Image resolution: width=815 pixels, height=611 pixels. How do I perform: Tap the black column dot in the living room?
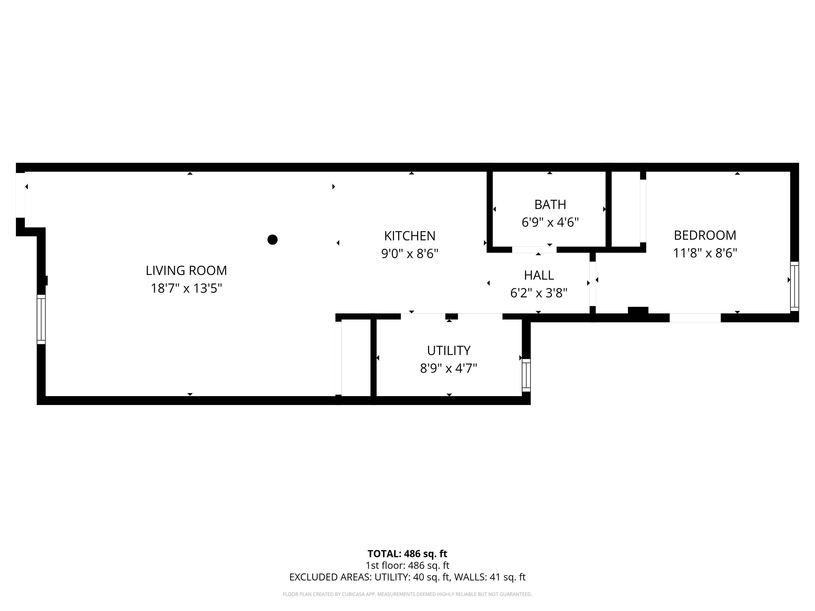272,240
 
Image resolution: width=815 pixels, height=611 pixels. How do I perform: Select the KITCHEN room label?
410,236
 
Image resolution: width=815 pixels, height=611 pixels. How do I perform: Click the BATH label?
550,204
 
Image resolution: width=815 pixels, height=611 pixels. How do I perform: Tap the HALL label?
539,275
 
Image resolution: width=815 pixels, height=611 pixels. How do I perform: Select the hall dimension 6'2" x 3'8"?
539,293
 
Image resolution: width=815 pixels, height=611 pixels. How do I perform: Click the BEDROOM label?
705,235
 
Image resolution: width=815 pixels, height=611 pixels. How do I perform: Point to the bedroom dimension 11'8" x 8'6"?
705,253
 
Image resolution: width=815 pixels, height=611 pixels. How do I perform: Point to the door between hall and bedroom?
593,284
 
